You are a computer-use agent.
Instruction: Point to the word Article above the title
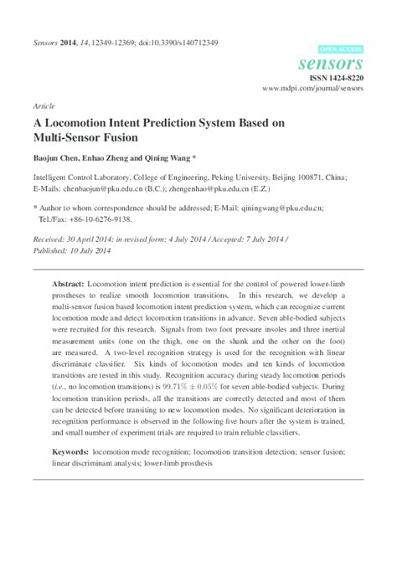tap(44, 106)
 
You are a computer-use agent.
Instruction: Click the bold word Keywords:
tap(71, 450)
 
